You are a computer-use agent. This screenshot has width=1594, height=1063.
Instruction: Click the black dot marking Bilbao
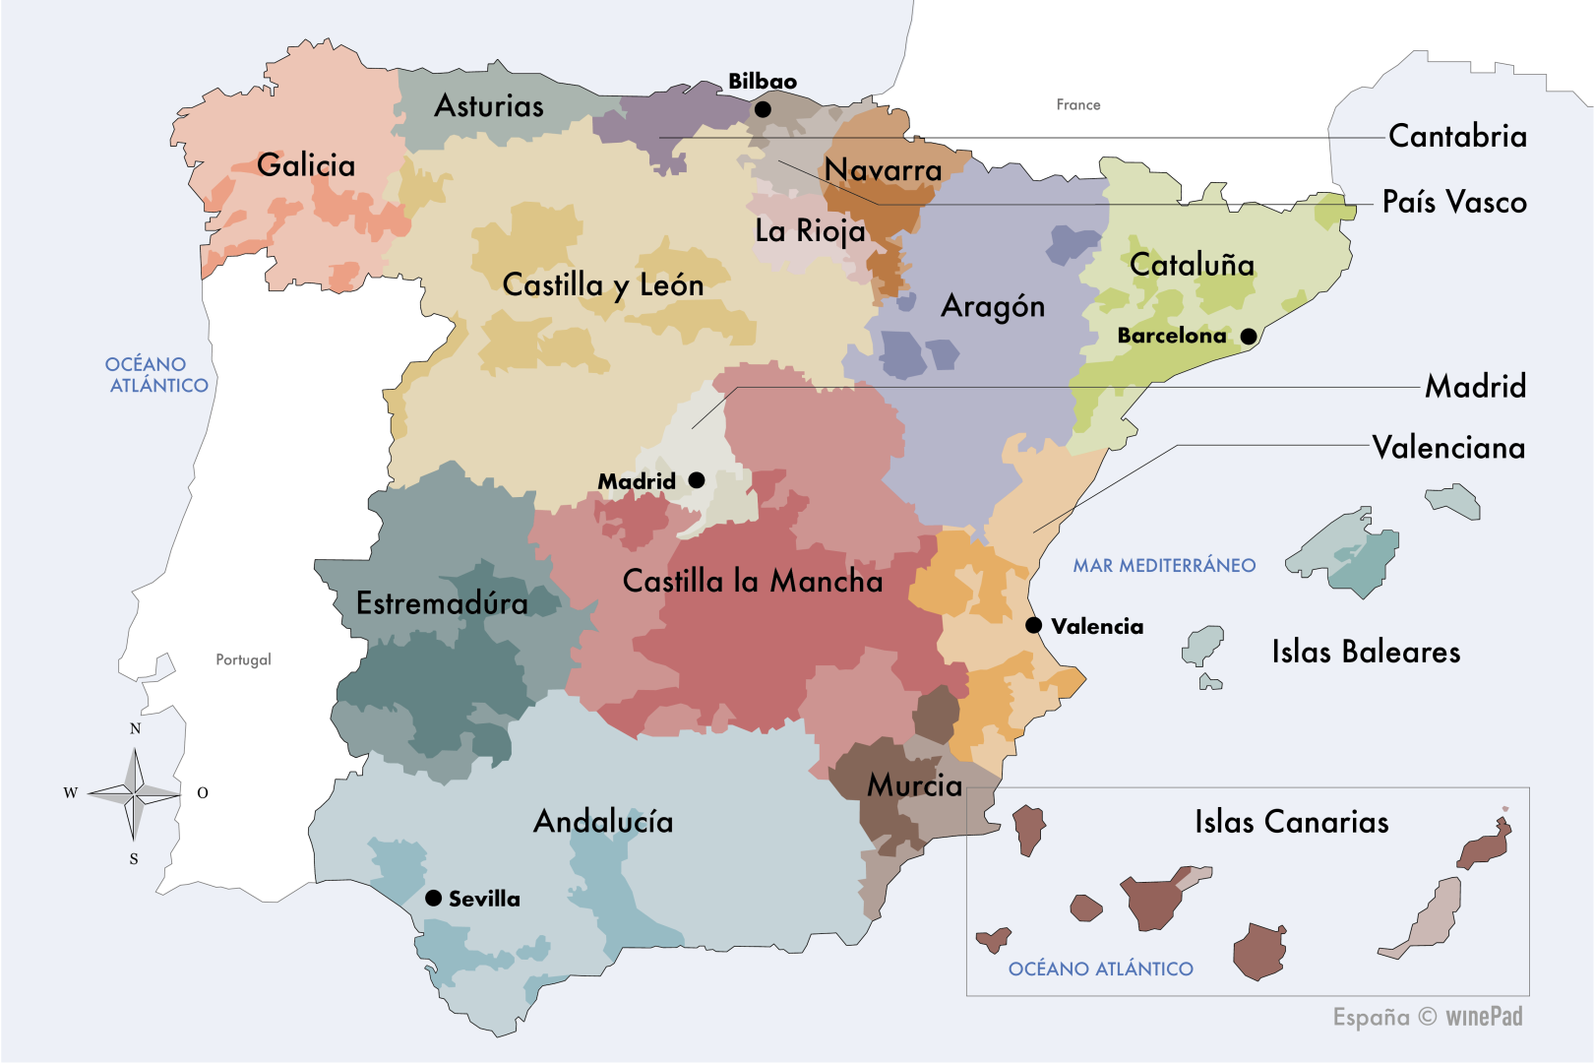[763, 109]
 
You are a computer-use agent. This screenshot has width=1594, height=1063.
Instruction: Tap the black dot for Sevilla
[433, 898]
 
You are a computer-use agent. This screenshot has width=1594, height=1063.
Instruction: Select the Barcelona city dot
[1249, 336]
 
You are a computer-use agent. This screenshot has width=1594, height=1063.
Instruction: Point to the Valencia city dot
[1034, 625]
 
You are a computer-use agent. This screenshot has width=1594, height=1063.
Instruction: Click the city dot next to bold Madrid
[697, 480]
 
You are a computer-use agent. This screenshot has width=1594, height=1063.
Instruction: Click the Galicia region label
[306, 164]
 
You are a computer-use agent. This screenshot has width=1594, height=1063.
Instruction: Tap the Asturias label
[489, 105]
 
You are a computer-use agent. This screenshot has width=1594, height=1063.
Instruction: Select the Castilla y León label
[603, 284]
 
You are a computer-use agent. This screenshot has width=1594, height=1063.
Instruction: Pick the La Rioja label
[810, 230]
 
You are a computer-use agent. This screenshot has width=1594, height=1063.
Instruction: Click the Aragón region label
[993, 306]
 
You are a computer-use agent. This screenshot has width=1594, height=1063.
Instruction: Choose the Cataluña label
[1192, 264]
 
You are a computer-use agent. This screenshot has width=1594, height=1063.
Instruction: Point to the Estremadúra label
[442, 602]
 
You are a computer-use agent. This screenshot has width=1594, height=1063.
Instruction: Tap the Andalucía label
[603, 821]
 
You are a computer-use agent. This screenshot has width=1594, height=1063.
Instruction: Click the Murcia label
[914, 784]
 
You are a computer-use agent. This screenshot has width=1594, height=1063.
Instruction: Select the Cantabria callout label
[1457, 136]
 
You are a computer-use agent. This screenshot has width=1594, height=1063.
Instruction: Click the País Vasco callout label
[1454, 202]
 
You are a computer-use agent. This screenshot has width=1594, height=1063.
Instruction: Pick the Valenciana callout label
[1448, 448]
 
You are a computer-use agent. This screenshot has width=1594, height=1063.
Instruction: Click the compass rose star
[135, 791]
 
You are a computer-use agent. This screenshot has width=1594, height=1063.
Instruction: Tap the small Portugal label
[243, 659]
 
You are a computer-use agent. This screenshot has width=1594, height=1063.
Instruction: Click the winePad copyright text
[1428, 1017]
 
